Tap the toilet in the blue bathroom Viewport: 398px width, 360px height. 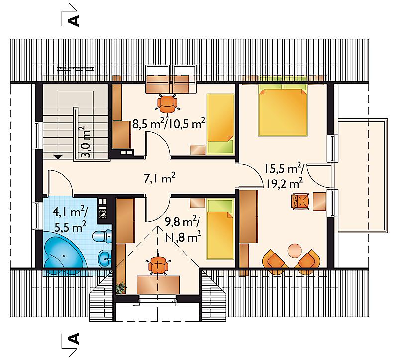[x=102, y=236]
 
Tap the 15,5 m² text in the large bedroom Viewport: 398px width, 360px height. [x=284, y=168]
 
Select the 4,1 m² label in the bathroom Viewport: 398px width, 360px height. [x=70, y=212]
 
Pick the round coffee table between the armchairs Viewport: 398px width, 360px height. [x=295, y=251]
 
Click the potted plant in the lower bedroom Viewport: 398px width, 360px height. [x=121, y=288]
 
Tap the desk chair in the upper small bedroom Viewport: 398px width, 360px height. [x=167, y=103]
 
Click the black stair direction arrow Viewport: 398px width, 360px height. [x=58, y=157]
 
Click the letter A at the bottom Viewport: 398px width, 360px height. [x=74, y=339]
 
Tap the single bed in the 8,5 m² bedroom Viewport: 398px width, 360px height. [x=220, y=124]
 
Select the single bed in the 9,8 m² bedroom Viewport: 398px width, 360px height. [x=220, y=229]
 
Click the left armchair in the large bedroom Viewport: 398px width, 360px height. [x=274, y=261]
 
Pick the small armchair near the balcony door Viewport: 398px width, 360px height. [x=300, y=201]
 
